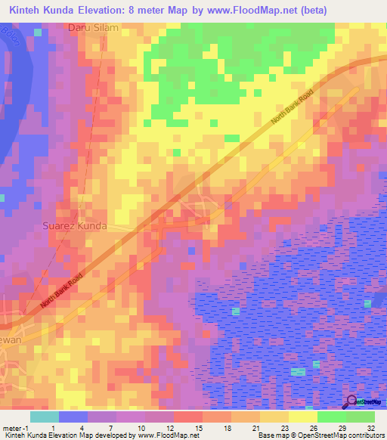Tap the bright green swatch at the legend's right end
[361, 417]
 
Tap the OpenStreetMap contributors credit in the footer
[333, 436]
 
